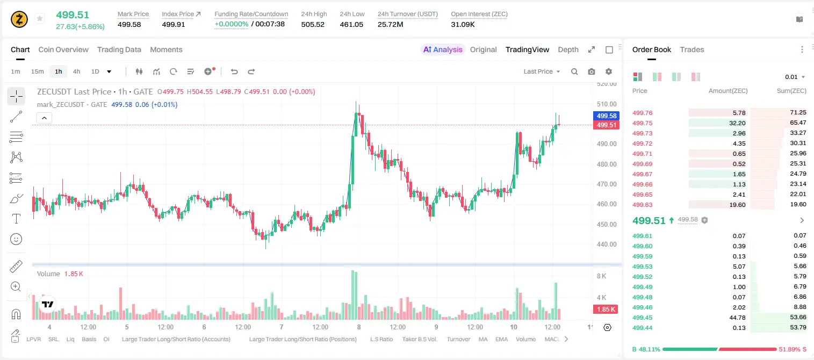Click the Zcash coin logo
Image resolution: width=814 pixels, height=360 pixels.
[x=19, y=19]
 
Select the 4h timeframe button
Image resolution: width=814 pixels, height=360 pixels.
[x=76, y=71]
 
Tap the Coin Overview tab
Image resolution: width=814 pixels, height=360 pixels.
[x=63, y=49]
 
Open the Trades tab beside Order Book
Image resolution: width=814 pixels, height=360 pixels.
[x=692, y=49]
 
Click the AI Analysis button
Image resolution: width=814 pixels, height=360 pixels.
[x=443, y=49]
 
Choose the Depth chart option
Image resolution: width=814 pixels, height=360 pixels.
[x=568, y=49]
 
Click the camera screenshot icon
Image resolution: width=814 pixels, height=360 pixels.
[x=592, y=71]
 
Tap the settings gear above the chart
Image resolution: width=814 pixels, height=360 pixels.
[x=609, y=71]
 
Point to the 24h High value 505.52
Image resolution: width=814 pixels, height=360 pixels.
[x=313, y=24]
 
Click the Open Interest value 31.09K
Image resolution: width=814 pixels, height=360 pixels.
[x=463, y=24]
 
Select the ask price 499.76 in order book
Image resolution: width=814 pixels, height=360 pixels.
[x=642, y=113]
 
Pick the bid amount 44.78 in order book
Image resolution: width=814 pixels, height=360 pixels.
[x=737, y=318]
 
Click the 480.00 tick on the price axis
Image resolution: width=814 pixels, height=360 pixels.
[x=607, y=164]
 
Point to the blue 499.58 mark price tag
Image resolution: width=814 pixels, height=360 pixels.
[x=606, y=116]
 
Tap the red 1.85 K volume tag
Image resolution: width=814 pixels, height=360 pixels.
[x=606, y=309]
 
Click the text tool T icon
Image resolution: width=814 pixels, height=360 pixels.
[x=16, y=219]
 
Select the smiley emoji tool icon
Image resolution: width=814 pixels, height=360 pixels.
[x=16, y=239]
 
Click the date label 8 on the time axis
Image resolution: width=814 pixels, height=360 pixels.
[x=359, y=327]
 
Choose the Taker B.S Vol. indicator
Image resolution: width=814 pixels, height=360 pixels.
[x=419, y=339]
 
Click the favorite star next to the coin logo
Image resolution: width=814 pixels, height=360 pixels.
[x=40, y=18]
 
